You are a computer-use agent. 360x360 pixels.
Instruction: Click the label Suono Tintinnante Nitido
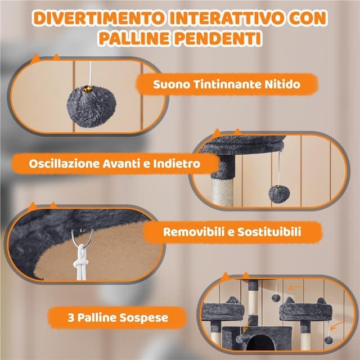226,85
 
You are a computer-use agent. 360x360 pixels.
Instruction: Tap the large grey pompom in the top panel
87,107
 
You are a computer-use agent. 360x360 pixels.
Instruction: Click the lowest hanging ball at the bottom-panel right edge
328,340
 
